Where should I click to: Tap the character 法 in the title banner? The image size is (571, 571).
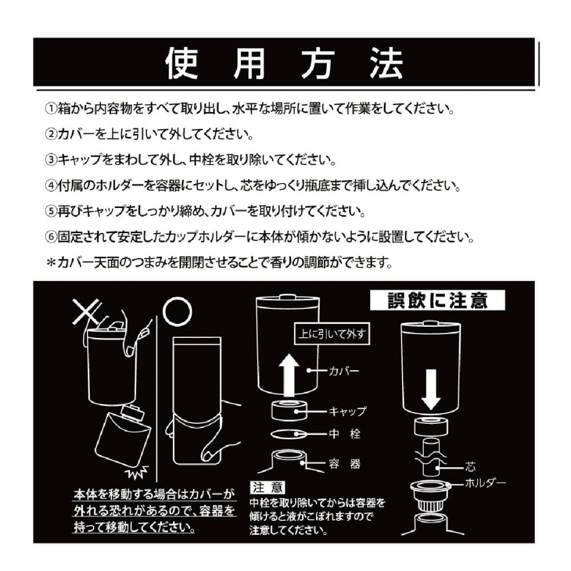[x=387, y=64]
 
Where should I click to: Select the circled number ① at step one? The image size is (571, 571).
[x=51, y=109]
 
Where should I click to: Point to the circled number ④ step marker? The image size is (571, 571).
[x=51, y=186]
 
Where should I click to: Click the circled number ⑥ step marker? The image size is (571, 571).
[x=51, y=237]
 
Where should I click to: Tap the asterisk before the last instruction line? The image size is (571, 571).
[x=51, y=262]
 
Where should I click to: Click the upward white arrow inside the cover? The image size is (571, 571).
[x=289, y=375]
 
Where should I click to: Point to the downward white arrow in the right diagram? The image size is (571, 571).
[x=431, y=389]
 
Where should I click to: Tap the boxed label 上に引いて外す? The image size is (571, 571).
[x=332, y=333]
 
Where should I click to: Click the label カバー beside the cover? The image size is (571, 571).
[x=344, y=371]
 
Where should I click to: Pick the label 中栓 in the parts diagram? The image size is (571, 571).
[x=345, y=434]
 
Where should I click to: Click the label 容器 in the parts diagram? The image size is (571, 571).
[x=345, y=464]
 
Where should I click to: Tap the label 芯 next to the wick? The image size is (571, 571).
[x=471, y=467]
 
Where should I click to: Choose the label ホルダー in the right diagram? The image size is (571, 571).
[x=486, y=483]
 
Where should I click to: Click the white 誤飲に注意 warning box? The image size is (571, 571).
[x=437, y=301]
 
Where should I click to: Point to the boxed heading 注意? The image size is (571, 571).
[x=268, y=487]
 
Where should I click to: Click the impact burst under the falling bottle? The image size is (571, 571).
[x=137, y=472]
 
